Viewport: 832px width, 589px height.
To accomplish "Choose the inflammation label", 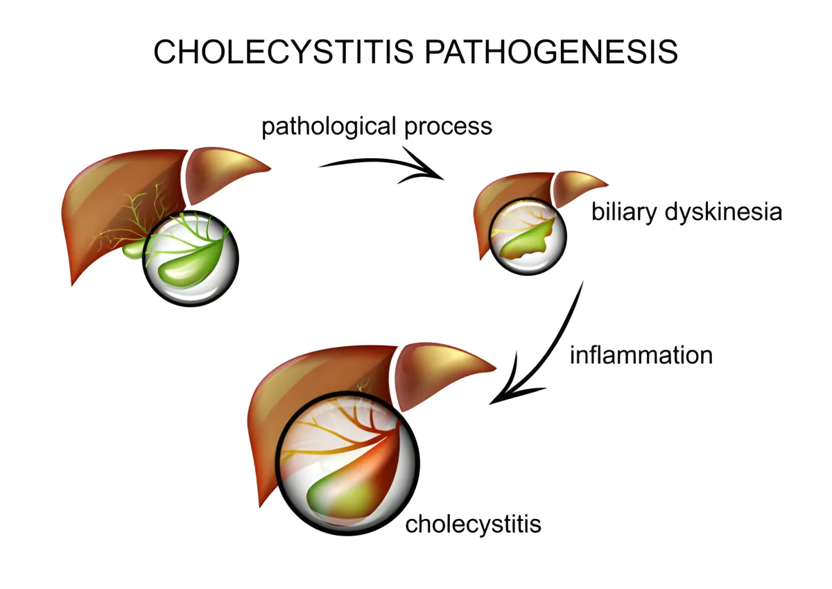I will pos(641,355).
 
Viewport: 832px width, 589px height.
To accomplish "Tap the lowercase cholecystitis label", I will pos(473,524).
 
